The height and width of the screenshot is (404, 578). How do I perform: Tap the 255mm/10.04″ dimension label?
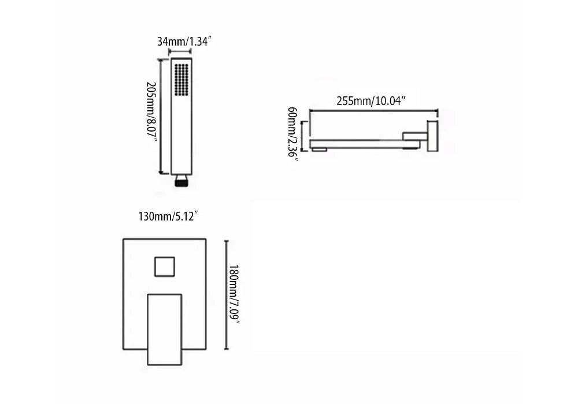372,100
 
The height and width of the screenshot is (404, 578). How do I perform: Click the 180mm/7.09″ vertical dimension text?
234,295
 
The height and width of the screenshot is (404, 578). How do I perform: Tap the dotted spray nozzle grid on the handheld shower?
181,79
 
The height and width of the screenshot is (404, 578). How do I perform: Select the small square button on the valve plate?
165,266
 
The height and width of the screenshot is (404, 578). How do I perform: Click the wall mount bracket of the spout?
432,136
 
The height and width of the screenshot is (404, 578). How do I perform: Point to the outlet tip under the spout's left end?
318,149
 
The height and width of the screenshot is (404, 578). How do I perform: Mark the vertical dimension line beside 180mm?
226,295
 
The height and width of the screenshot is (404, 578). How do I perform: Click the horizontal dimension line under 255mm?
373,110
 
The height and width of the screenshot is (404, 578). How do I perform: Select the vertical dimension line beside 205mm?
160,115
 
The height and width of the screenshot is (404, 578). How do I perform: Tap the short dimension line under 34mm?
180,51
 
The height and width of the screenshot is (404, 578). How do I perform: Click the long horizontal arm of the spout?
358,143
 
